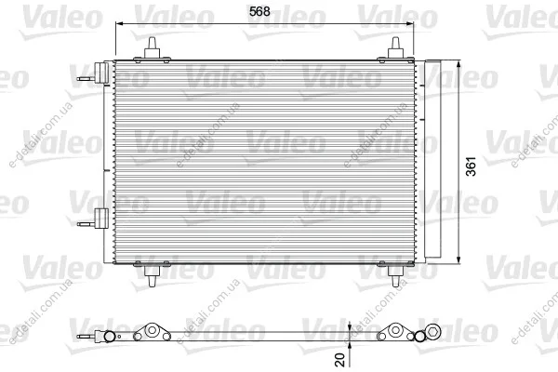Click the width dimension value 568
tap(259, 12)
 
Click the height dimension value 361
tap(471, 166)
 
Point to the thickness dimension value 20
tap(340, 360)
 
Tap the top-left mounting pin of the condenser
tap(152, 48)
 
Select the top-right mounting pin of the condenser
tap(395, 47)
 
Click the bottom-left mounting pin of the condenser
tap(152, 275)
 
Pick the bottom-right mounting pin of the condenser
tap(395, 275)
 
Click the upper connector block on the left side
tap(101, 73)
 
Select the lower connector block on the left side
tap(101, 218)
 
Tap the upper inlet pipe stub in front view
tap(86, 79)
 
